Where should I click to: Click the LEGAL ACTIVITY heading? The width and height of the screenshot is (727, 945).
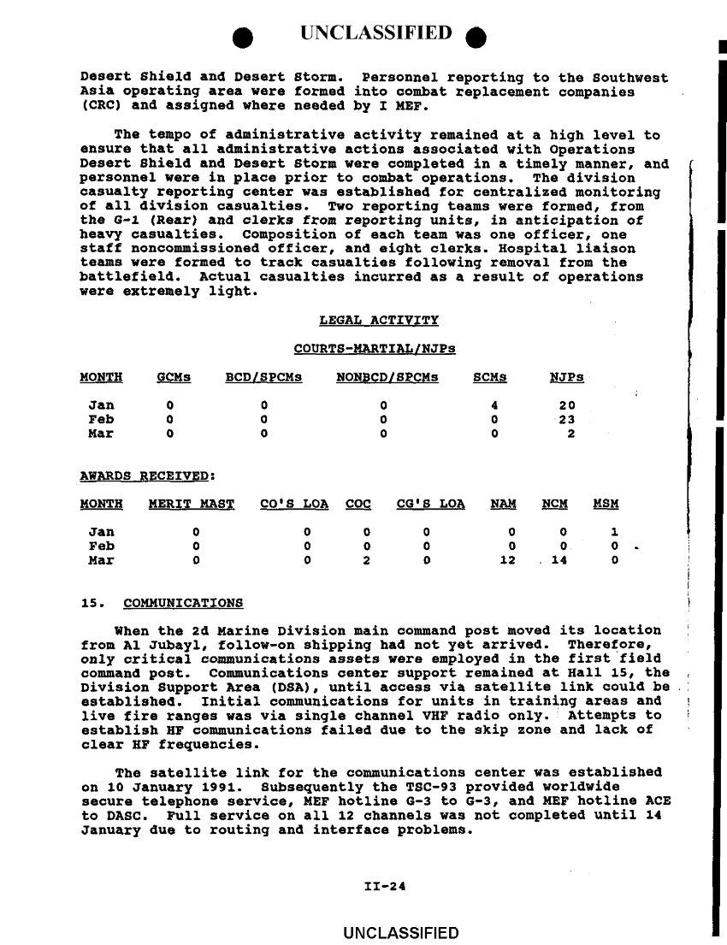366,321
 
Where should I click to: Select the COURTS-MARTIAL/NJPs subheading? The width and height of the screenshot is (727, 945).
374,349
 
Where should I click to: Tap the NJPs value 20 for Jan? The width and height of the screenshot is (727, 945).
566,405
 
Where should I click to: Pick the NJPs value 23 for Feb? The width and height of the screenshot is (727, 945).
566,419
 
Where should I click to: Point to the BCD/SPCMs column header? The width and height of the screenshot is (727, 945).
263,377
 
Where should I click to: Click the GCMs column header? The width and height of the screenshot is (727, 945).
174,377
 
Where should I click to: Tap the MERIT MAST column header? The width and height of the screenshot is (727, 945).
192,504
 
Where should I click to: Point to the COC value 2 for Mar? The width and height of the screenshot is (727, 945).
366,560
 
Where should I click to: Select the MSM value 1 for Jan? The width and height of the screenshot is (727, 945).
614,532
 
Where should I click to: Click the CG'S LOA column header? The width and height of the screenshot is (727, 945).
431,504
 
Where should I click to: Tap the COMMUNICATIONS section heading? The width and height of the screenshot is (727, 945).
183,603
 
